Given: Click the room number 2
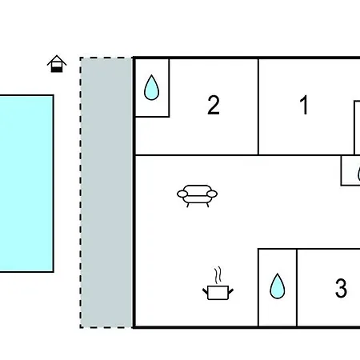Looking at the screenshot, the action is (x=214, y=105).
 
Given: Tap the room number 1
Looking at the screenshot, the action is (x=304, y=105).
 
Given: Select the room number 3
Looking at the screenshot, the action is (x=341, y=288).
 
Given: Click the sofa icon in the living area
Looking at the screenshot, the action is (x=197, y=196).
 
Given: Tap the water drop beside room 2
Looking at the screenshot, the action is (x=151, y=88).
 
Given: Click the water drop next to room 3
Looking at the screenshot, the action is (x=278, y=286).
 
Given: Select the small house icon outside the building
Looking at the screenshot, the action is (x=57, y=64).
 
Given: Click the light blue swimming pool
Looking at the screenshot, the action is (x=26, y=183).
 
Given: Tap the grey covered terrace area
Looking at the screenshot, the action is (x=106, y=193).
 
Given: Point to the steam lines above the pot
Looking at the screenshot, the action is (x=218, y=274).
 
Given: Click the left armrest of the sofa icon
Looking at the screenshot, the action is (x=182, y=194).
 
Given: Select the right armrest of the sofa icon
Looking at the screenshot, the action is (x=212, y=194).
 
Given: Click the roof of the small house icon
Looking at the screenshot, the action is (x=57, y=60).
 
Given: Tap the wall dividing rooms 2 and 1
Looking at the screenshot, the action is (x=258, y=106).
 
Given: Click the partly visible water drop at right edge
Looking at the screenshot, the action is (x=358, y=174).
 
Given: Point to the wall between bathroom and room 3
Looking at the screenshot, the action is (x=297, y=287).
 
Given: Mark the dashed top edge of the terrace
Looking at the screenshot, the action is (x=106, y=58).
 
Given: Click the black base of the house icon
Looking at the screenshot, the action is (x=57, y=70).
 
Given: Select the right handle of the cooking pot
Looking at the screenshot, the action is (x=231, y=291).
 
